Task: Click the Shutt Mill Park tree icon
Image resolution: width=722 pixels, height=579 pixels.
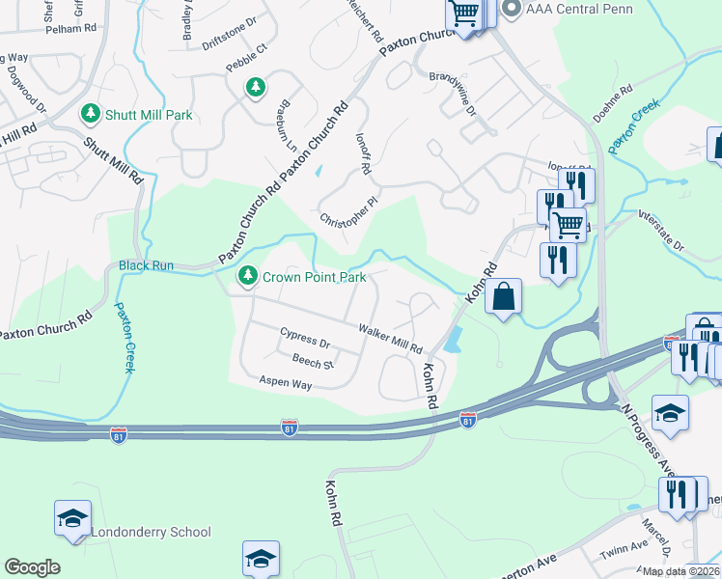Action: [91, 115]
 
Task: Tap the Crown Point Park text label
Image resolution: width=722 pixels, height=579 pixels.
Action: [315, 277]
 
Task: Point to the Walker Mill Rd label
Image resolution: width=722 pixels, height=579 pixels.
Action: [391, 338]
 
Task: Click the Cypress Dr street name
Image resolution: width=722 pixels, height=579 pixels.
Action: [305, 343]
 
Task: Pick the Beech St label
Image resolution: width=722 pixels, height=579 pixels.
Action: [312, 363]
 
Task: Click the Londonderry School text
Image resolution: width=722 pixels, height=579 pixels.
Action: [151, 532]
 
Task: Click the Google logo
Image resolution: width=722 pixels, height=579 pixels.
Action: [32, 567]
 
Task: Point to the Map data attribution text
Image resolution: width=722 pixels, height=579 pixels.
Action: [681, 571]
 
